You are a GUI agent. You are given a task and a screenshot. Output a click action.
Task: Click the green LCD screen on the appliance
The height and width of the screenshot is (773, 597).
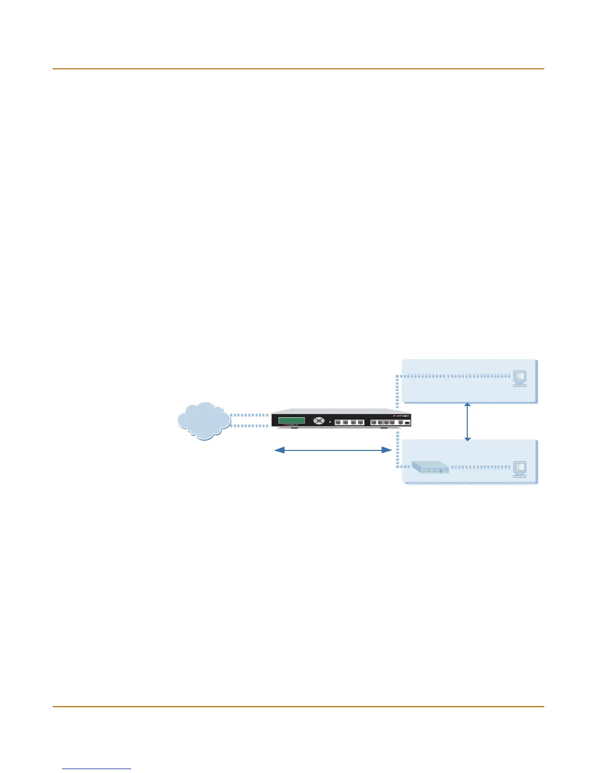pos(291,421)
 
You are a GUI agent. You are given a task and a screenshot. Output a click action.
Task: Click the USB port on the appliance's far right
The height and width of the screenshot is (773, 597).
pos(407,423)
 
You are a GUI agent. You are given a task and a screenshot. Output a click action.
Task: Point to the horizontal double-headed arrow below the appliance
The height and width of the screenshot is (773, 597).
pos(333,450)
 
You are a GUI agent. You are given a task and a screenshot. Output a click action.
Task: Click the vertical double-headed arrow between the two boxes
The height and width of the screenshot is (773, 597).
pos(467,422)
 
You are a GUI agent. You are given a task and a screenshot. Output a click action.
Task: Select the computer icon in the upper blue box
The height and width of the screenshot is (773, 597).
pos(519,379)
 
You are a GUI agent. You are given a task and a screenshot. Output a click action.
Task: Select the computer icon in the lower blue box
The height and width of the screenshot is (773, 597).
pos(519,469)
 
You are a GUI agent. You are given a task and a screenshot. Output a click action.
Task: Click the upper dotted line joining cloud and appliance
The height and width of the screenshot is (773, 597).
pos(250,416)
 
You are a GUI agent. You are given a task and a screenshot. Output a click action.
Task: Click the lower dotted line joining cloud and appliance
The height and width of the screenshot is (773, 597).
pos(250,426)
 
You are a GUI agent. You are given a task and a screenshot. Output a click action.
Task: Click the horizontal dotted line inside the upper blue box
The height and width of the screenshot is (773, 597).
pos(454,376)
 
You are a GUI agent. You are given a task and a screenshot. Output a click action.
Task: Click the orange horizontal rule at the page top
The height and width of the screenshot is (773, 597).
pos(298,69)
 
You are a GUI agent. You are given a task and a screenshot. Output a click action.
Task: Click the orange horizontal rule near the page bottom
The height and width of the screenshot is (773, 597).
pos(298,706)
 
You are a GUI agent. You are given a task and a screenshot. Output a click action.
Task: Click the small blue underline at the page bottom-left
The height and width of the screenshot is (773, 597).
pos(97,769)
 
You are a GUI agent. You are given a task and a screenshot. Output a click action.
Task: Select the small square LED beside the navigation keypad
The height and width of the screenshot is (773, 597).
pos(330,421)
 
